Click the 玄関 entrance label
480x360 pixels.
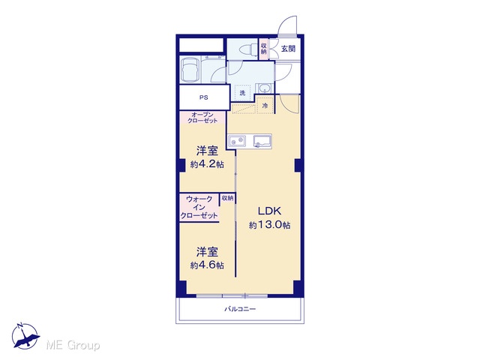point(288,48)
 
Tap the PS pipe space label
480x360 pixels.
point(204,97)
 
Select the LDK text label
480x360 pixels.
point(269,211)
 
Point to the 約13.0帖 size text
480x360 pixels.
point(270,225)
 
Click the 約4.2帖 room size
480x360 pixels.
point(207,164)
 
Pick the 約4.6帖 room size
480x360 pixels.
point(207,265)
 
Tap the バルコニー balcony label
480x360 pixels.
point(240,309)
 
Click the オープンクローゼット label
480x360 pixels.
point(202,118)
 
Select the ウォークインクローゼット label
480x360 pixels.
point(199,207)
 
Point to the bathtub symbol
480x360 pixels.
point(190,69)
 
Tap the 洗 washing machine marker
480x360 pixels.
point(242,93)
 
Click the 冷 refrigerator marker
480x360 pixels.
point(265,106)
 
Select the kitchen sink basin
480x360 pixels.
point(262,141)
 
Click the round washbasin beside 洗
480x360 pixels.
point(264,88)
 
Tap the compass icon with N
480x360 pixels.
point(25,336)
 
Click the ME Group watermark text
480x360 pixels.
point(73,346)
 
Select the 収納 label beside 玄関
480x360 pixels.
point(264,48)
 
